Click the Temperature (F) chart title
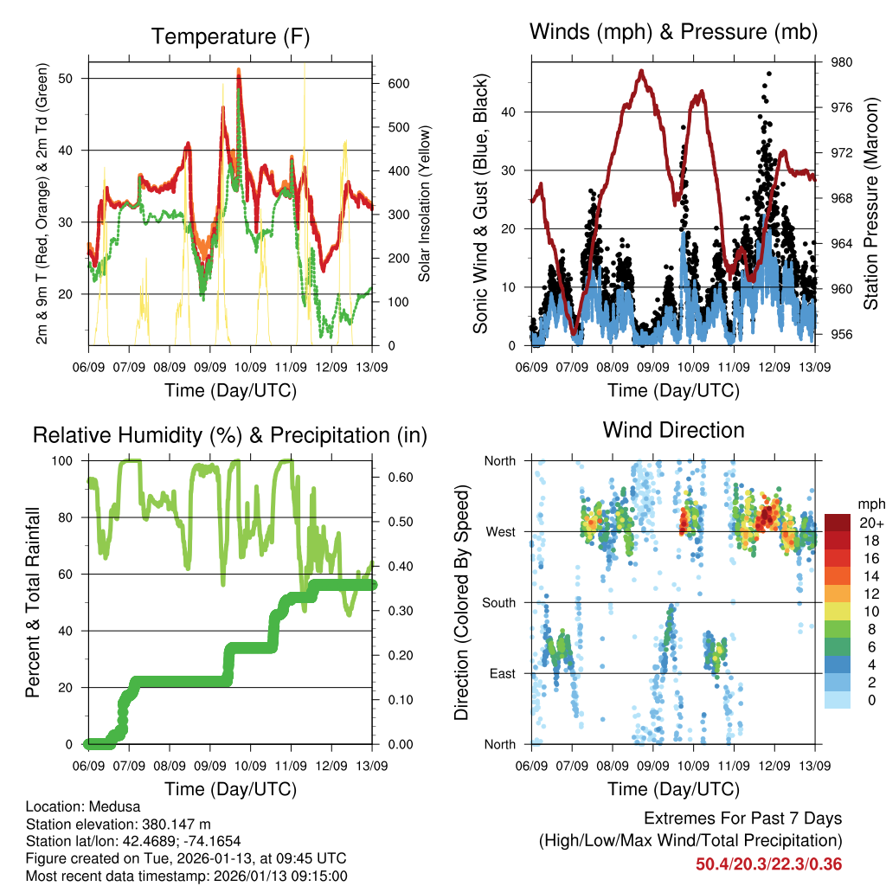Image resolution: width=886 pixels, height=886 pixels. click(x=230, y=36)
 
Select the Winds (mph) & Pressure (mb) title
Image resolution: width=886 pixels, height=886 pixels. click(x=673, y=32)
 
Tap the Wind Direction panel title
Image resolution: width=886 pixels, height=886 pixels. click(x=673, y=429)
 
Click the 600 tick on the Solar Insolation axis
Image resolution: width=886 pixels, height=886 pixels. click(x=391, y=83)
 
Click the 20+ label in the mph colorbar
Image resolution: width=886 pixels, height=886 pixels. click(x=866, y=522)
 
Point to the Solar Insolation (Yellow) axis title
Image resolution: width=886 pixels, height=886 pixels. click(x=425, y=203)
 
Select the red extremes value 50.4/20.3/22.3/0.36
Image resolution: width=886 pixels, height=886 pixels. click(x=768, y=864)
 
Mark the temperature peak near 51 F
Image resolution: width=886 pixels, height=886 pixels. click(x=239, y=73)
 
